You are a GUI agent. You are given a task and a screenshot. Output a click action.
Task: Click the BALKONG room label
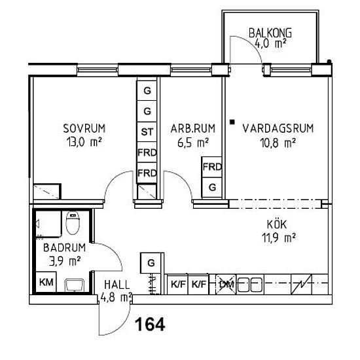[270, 33]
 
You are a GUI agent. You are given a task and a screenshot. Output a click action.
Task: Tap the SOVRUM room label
[84, 128]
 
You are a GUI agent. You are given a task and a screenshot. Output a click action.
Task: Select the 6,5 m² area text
[193, 143]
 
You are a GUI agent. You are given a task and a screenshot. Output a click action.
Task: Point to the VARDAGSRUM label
[278, 128]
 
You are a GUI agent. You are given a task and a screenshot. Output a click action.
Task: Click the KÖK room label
[277, 224]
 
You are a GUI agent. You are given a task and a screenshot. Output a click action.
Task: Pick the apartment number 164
[150, 325]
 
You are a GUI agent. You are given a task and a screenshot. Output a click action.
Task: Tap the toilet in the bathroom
[73, 223]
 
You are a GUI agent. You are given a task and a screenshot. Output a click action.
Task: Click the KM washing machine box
[46, 282]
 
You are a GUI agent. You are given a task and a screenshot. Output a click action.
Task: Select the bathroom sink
[75, 285]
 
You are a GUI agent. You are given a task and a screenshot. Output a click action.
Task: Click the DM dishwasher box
[226, 285]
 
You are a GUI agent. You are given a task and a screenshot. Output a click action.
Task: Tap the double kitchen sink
[250, 285]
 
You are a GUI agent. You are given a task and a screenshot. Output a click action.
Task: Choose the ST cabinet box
[147, 132]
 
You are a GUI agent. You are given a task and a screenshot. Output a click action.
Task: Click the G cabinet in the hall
[151, 263]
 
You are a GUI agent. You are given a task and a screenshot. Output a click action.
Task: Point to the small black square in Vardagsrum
[232, 122]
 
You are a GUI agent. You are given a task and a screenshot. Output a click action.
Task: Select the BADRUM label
[65, 247]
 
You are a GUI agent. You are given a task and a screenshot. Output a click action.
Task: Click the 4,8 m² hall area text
[116, 297]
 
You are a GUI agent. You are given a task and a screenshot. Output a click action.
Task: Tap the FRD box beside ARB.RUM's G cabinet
[211, 167]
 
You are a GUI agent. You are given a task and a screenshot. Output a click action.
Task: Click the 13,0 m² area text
[84, 142]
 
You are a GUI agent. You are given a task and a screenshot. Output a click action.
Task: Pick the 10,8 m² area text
[278, 143]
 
